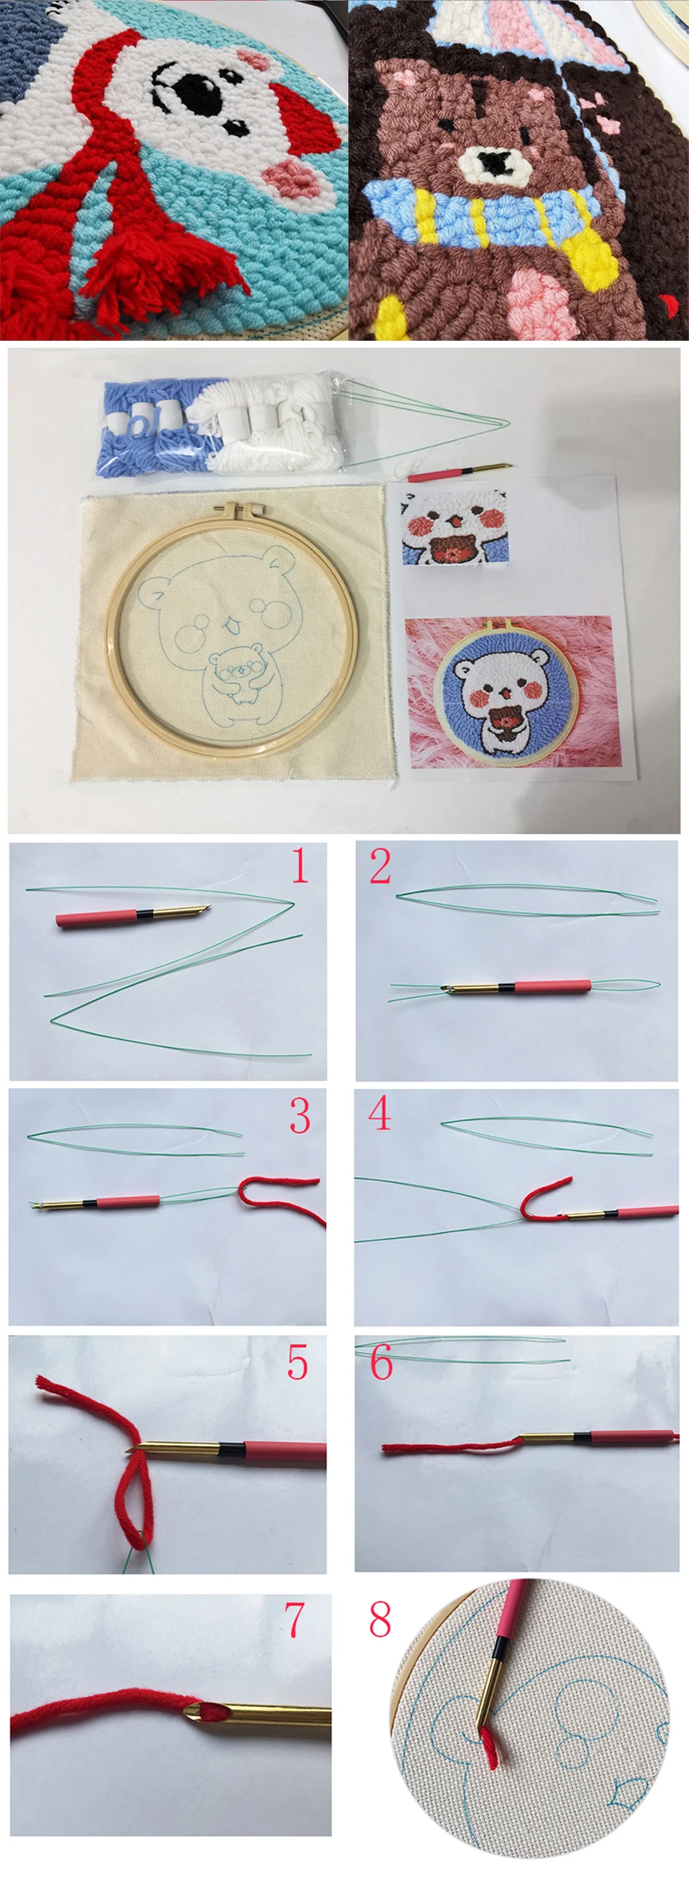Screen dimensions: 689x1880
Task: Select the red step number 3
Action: pos(300,1116)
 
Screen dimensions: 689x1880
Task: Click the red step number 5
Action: pos(298,1362)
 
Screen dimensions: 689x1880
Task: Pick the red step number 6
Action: pos(381,1362)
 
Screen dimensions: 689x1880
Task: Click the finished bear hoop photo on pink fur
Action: pos(509,692)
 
